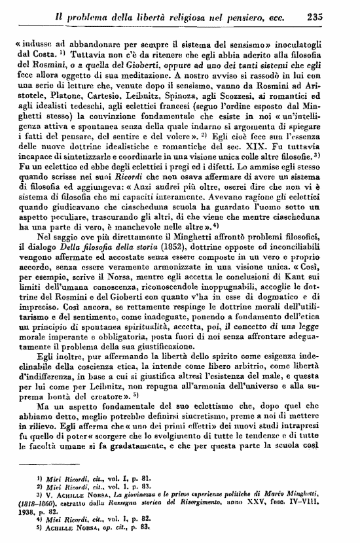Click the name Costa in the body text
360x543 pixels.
[37, 58]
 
